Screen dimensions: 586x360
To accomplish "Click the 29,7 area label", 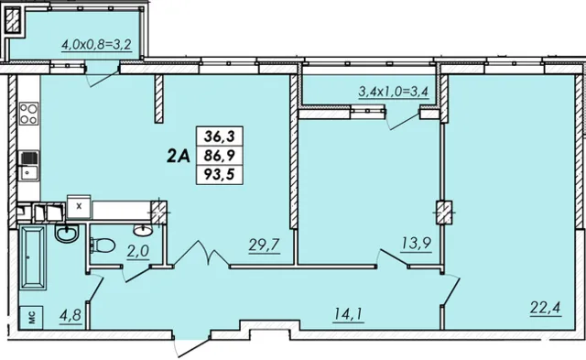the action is click(x=265, y=245).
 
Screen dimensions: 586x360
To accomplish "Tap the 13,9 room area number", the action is click(x=416, y=244).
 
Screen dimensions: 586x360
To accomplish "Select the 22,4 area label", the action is click(x=546, y=309).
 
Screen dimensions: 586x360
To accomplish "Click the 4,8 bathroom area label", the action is click(x=71, y=315).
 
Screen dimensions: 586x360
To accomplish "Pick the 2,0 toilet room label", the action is click(x=138, y=252).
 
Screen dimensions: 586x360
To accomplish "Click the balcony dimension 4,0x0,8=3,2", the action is click(x=96, y=45).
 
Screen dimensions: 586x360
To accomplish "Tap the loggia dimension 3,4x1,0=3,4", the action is click(x=393, y=92).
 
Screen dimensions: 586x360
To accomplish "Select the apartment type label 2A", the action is click(x=179, y=157).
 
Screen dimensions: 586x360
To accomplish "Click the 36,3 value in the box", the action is click(x=220, y=136).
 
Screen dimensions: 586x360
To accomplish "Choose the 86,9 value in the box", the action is click(x=220, y=155).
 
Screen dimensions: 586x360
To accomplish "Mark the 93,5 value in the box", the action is click(x=220, y=174).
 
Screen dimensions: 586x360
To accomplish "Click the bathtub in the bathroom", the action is click(x=33, y=257).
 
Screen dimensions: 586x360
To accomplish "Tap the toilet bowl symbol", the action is click(x=103, y=245).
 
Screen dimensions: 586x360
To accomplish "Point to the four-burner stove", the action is click(x=28, y=114).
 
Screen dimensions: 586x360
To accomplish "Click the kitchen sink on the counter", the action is click(x=28, y=165).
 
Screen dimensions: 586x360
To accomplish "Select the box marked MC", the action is click(x=32, y=318).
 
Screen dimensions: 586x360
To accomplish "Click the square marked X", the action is click(x=79, y=206).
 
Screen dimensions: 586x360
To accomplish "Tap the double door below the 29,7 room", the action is click(x=201, y=255).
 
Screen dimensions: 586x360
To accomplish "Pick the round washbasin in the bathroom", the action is click(x=67, y=233).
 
